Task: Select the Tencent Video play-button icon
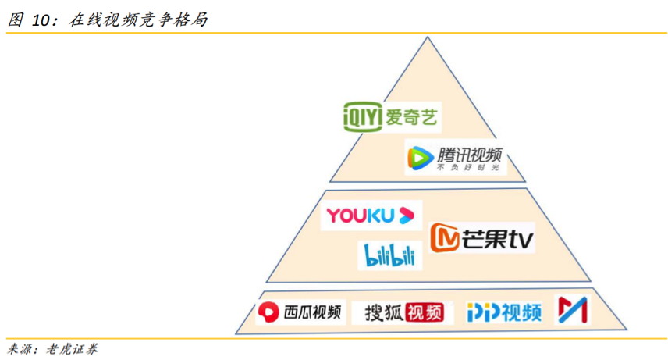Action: click(x=419, y=159)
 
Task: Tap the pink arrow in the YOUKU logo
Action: click(x=407, y=215)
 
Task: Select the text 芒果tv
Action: click(x=499, y=238)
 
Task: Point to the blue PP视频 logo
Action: click(x=504, y=312)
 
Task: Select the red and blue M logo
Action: click(x=571, y=311)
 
